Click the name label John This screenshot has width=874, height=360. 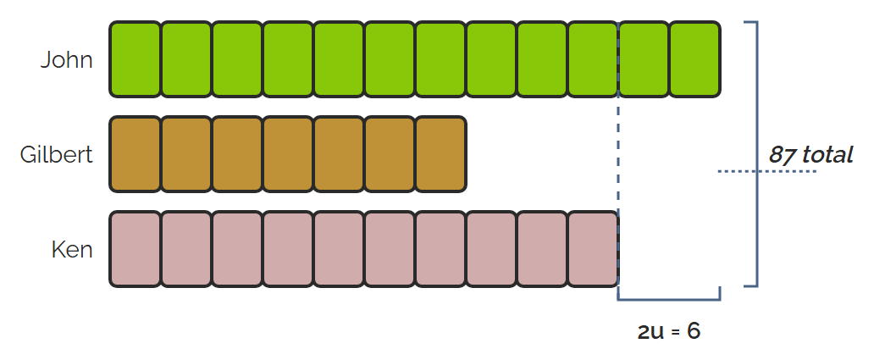click(66, 59)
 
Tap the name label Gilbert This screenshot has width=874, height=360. click(56, 154)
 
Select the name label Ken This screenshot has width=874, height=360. click(72, 249)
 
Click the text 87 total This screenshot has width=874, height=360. click(811, 154)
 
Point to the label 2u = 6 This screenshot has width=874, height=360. click(669, 331)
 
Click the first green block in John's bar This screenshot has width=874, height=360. click(135, 59)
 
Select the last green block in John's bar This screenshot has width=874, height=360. click(694, 59)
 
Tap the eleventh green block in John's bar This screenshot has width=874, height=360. click(644, 59)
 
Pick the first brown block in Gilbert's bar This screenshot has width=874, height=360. click(135, 154)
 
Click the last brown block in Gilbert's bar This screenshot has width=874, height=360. click(440, 154)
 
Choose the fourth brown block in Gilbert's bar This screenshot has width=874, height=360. click(288, 154)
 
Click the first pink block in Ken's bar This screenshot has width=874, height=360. click(135, 249)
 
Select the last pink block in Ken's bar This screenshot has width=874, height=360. click(593, 249)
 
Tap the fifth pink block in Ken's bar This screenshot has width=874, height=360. click(339, 249)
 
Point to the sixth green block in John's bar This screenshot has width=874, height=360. click(389, 59)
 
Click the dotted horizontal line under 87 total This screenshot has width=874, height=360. click(767, 171)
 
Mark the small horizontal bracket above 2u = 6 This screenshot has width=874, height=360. click(669, 300)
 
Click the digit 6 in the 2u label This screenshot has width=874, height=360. click(694, 331)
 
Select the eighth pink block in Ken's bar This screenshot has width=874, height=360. click(491, 249)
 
